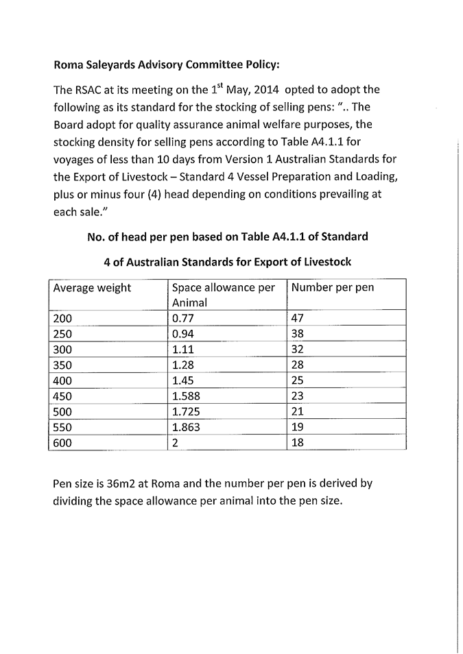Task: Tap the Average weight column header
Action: click(x=92, y=288)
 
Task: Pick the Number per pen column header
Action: click(x=333, y=288)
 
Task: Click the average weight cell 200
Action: click(x=62, y=318)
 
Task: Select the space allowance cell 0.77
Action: click(x=183, y=318)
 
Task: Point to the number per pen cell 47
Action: click(x=297, y=318)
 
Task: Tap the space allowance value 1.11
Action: click(x=183, y=350)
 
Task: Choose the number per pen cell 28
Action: click(x=297, y=365)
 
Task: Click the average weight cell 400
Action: click(x=62, y=380)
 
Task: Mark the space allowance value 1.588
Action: click(x=186, y=396)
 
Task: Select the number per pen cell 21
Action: click(x=297, y=411)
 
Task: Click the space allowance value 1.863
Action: click(x=186, y=427)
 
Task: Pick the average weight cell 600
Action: click(x=62, y=443)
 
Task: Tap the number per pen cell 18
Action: click(x=297, y=443)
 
